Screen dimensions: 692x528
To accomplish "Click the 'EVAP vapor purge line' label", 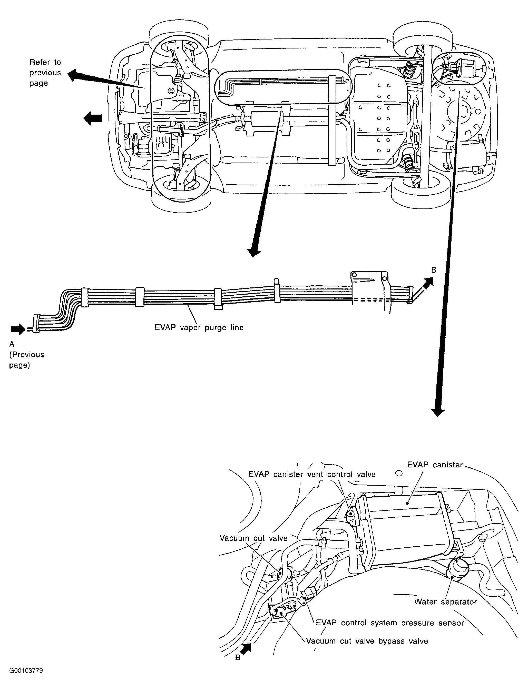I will pyautogui.click(x=199, y=328).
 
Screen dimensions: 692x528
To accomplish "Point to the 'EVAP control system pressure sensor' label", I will pyautogui.click(x=390, y=623).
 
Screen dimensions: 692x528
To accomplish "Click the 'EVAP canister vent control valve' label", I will pyautogui.click(x=312, y=474).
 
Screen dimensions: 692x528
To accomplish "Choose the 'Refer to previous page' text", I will pyautogui.click(x=45, y=73).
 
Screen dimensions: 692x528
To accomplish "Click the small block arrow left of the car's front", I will pyautogui.click(x=93, y=118).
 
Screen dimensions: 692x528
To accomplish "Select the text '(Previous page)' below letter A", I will pyautogui.click(x=27, y=360).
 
